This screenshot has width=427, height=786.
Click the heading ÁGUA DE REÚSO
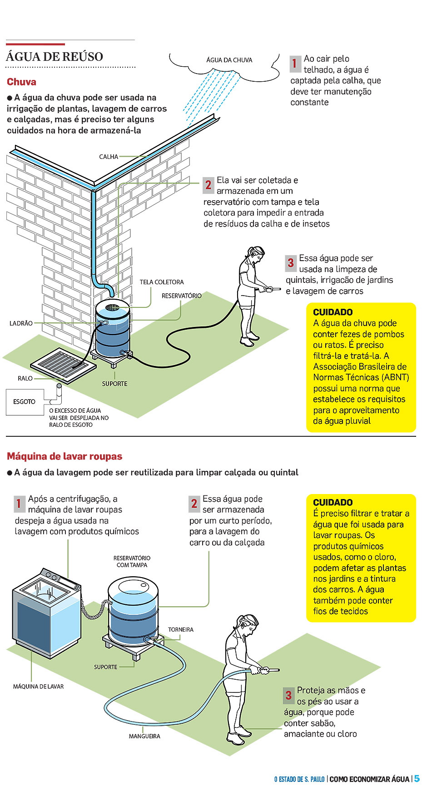(x=55, y=57)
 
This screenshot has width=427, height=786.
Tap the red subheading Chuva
(x=21, y=82)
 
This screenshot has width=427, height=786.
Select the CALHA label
(x=109, y=157)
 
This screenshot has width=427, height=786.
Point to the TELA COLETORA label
(x=162, y=282)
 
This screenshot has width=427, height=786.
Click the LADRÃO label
(x=21, y=323)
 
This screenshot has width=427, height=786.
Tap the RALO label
(x=25, y=378)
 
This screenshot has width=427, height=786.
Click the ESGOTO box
(x=25, y=402)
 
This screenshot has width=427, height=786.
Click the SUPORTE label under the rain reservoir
(x=114, y=384)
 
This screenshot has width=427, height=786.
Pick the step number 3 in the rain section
(x=291, y=262)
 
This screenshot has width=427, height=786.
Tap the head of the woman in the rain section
(x=256, y=254)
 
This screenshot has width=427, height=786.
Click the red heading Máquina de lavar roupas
(x=65, y=456)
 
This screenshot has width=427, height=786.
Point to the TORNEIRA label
(x=181, y=630)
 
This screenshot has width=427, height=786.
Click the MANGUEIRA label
(x=144, y=736)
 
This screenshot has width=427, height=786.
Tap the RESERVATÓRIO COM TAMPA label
(x=132, y=562)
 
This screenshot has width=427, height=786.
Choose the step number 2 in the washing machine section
(x=194, y=503)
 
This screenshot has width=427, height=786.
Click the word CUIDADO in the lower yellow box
(x=333, y=502)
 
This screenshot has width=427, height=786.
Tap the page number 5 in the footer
(x=417, y=778)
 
